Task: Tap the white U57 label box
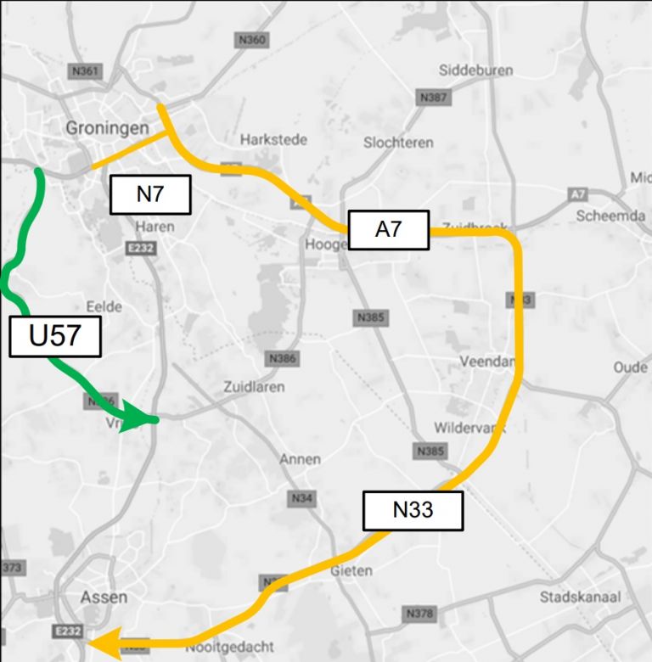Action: click(x=55, y=335)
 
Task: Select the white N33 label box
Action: click(x=413, y=509)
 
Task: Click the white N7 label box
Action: click(x=150, y=194)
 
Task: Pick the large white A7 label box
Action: click(x=388, y=229)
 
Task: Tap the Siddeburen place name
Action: click(x=475, y=70)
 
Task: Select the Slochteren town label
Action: click(x=398, y=143)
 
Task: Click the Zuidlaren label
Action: click(x=254, y=386)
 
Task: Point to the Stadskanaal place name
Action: click(x=580, y=596)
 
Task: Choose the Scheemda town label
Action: click(x=610, y=216)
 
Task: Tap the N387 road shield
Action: click(x=433, y=98)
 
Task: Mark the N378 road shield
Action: click(x=419, y=613)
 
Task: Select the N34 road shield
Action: click(x=302, y=498)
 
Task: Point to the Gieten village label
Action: click(x=351, y=570)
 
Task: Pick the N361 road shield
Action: click(x=86, y=71)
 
